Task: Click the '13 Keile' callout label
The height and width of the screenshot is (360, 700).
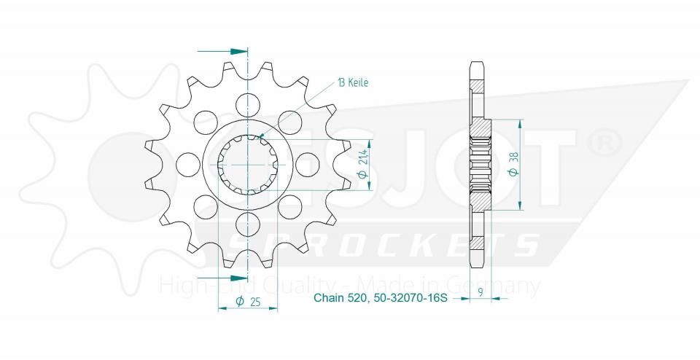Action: [352, 83]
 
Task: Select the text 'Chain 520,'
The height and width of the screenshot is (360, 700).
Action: [339, 298]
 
